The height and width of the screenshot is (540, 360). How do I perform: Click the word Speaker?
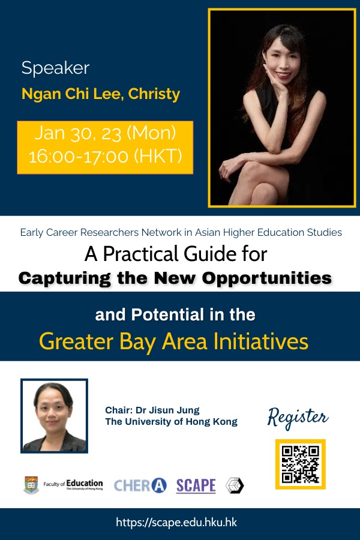[55, 67]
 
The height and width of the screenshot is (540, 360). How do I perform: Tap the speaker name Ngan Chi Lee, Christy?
[101, 94]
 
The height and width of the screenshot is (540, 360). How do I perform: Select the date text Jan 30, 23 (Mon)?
[105, 133]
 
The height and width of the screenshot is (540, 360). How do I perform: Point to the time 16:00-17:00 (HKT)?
[105, 156]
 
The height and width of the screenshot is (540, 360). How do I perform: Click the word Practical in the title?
[142, 254]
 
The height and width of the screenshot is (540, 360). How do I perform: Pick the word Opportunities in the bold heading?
[266, 278]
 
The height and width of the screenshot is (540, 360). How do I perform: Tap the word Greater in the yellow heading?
[76, 341]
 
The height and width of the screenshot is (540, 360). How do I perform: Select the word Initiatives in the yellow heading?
[261, 341]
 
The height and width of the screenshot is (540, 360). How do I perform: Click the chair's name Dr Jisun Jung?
[167, 410]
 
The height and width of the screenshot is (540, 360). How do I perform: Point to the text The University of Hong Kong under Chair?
[171, 422]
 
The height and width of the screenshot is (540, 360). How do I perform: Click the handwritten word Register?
[298, 417]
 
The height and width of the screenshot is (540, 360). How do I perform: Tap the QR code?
[301, 464]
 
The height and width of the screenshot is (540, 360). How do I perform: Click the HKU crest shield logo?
[31, 485]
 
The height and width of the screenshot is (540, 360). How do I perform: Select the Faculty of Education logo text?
[73, 485]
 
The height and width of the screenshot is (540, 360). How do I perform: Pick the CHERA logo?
[140, 485]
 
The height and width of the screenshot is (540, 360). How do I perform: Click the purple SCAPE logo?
[196, 485]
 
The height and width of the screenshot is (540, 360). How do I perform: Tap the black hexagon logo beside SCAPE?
[235, 485]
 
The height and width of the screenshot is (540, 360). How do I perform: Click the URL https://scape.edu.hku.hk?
[176, 523]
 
